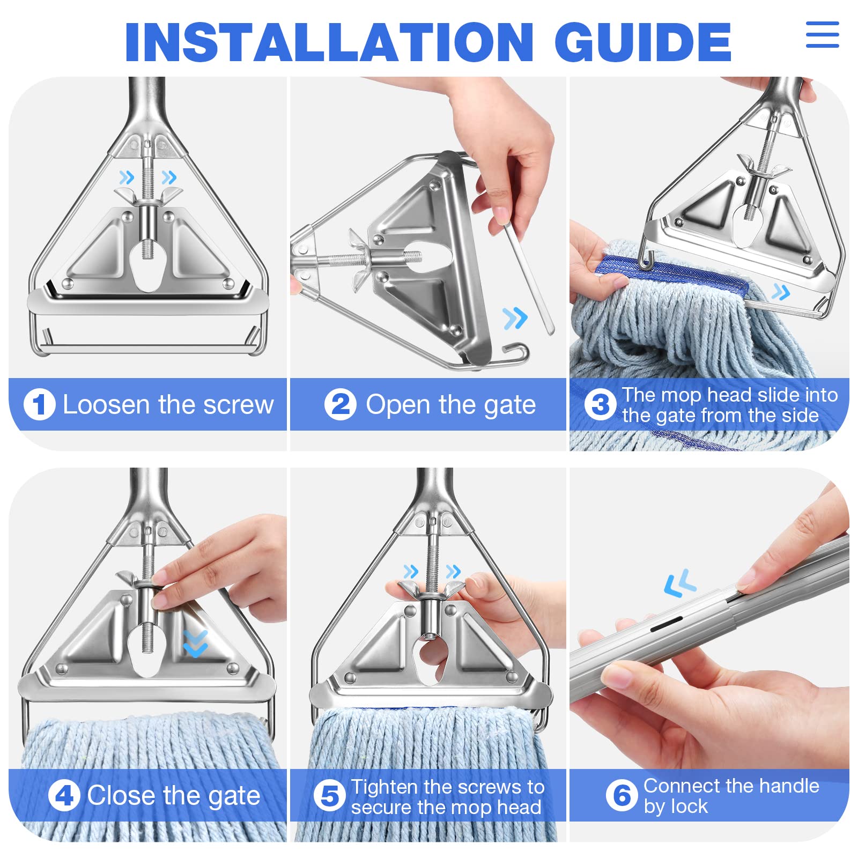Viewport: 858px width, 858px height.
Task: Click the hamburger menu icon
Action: tap(822, 35)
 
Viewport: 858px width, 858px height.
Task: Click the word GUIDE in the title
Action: tap(642, 42)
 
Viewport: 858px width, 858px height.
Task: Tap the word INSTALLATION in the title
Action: tap(329, 42)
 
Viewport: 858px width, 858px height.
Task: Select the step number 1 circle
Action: tap(39, 404)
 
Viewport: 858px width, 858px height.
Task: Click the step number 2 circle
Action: tap(340, 404)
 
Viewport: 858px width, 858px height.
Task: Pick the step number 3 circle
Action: tap(600, 405)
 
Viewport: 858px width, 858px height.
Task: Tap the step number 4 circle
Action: tap(64, 795)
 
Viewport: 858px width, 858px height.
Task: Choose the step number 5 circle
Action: tap(329, 796)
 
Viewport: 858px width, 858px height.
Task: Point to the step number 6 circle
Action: tap(622, 795)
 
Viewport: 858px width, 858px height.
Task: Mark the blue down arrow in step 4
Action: tap(195, 643)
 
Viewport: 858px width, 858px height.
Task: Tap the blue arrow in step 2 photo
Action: tap(515, 319)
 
